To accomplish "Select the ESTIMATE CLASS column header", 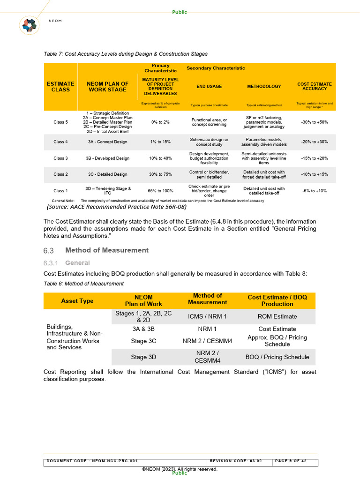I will click(x=60, y=87).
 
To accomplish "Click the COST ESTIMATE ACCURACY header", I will click(x=315, y=87).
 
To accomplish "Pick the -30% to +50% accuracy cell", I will click(x=315, y=122).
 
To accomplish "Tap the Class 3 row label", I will click(x=60, y=158).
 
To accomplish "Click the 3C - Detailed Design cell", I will click(x=107, y=174).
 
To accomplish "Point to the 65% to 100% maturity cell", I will click(x=160, y=191).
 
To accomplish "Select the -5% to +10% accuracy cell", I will click(x=315, y=191).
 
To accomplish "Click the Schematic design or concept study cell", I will click(x=209, y=142).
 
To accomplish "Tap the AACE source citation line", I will click(x=117, y=207).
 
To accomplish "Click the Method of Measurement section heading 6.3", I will click(x=106, y=250).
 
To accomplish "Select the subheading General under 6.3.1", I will click(x=77, y=263).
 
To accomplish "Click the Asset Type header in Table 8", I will click(x=77, y=301).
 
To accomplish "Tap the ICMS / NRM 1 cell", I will click(x=207, y=316).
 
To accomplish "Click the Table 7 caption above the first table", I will click(x=126, y=54).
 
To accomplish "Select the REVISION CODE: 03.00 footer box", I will click(x=239, y=461).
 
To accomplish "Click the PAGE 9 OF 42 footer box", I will click(x=294, y=461).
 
